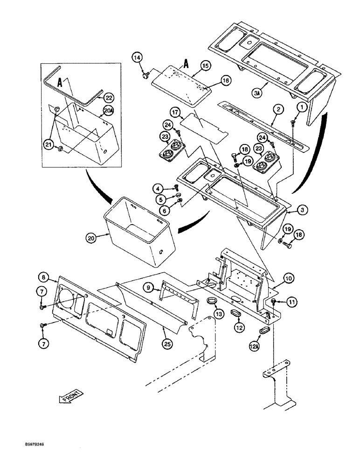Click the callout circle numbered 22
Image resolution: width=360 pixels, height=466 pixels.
[108, 97]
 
